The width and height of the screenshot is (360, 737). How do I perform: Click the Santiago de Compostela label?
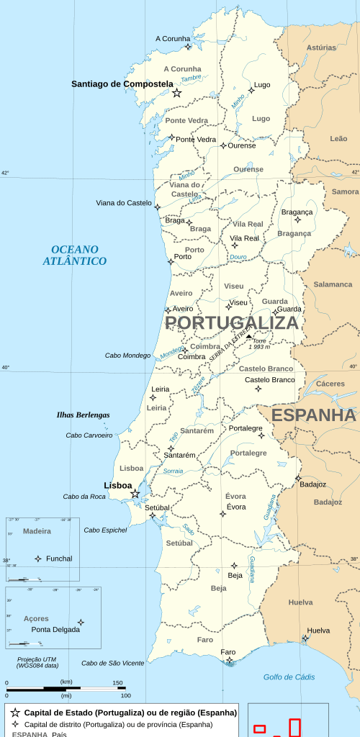[122, 84]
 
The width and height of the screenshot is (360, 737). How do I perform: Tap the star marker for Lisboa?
[135, 494]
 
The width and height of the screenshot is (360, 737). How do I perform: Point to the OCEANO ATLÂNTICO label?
[74, 255]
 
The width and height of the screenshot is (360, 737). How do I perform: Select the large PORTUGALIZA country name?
[231, 322]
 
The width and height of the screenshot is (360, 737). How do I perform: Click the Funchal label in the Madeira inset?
[59, 559]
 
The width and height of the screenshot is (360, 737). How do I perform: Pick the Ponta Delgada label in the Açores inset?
[55, 629]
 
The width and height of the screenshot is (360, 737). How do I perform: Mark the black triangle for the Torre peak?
[249, 336]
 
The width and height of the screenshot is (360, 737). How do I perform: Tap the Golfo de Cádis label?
[289, 677]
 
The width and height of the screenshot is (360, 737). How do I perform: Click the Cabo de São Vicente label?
[112, 663]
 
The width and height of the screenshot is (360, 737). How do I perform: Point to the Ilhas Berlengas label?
[83, 415]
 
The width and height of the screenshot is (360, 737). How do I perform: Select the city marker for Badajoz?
[298, 478]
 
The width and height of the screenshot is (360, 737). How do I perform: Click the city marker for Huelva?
[305, 638]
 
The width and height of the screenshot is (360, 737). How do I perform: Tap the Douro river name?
[238, 257]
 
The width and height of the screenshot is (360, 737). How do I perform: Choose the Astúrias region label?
[321, 48]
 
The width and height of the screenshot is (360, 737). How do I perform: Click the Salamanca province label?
[333, 284]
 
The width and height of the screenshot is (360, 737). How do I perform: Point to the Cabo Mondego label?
[127, 356]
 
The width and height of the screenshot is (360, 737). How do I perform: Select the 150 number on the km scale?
[117, 682]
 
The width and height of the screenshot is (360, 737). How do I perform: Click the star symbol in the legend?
[15, 713]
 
